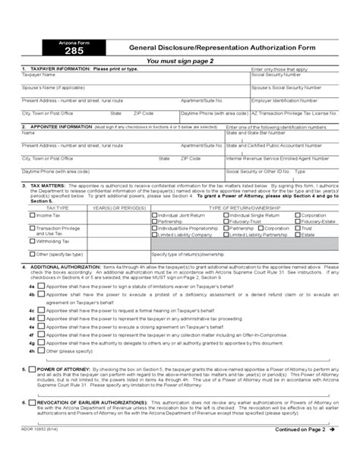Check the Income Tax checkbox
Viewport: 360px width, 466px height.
32,215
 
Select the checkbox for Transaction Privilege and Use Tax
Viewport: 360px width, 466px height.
32,227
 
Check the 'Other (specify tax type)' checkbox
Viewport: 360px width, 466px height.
32,253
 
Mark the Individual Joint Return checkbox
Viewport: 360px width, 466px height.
156,215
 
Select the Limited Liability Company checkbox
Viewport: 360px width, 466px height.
156,236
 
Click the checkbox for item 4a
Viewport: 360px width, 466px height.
40,286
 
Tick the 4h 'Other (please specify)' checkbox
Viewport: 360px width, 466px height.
40,352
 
